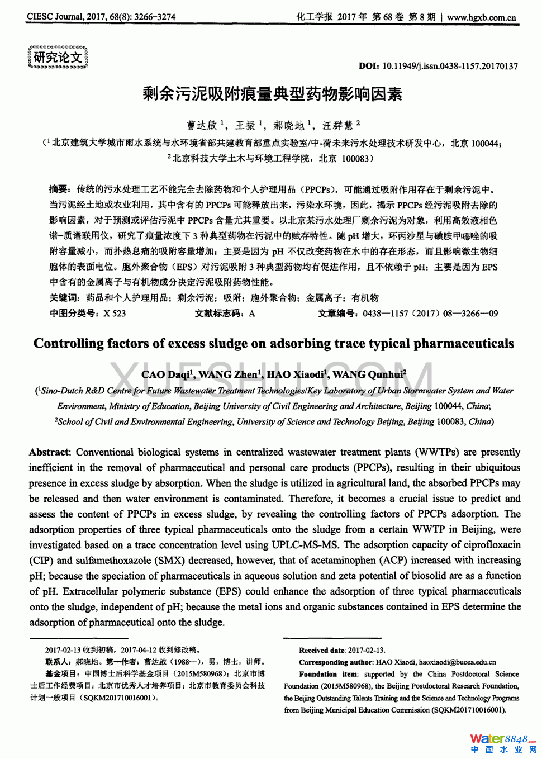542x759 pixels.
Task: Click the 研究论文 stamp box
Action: [x=58, y=57]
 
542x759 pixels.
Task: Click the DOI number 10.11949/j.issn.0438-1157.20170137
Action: [x=450, y=66]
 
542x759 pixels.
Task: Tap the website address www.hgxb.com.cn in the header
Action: [x=482, y=17]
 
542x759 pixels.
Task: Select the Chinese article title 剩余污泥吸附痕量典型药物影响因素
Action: [x=272, y=94]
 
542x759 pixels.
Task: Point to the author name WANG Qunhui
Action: [x=369, y=374]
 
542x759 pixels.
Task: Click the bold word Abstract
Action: [x=49, y=452]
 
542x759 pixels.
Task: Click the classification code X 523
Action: [x=115, y=314]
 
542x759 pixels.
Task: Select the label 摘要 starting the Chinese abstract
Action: [x=59, y=189]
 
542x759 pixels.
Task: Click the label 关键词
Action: [x=64, y=298]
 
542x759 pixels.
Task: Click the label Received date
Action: [x=321, y=650]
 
